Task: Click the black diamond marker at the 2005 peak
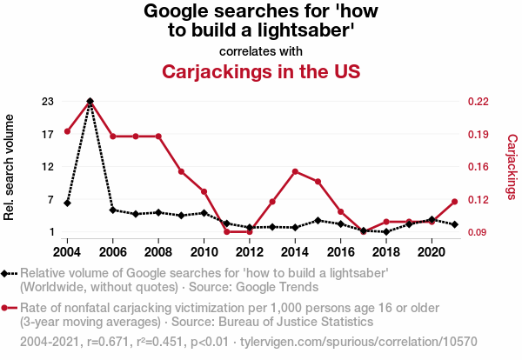point(90,102)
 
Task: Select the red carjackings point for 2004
point(68,131)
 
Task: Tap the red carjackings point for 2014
point(295,171)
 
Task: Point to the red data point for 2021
point(453,202)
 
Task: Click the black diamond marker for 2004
point(68,203)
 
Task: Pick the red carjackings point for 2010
point(204,191)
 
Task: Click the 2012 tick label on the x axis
point(249,252)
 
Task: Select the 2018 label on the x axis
point(385,252)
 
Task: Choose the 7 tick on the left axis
point(50,200)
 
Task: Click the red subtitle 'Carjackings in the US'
point(261,70)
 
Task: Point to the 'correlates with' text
point(261,51)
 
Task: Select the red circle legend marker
point(6,308)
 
